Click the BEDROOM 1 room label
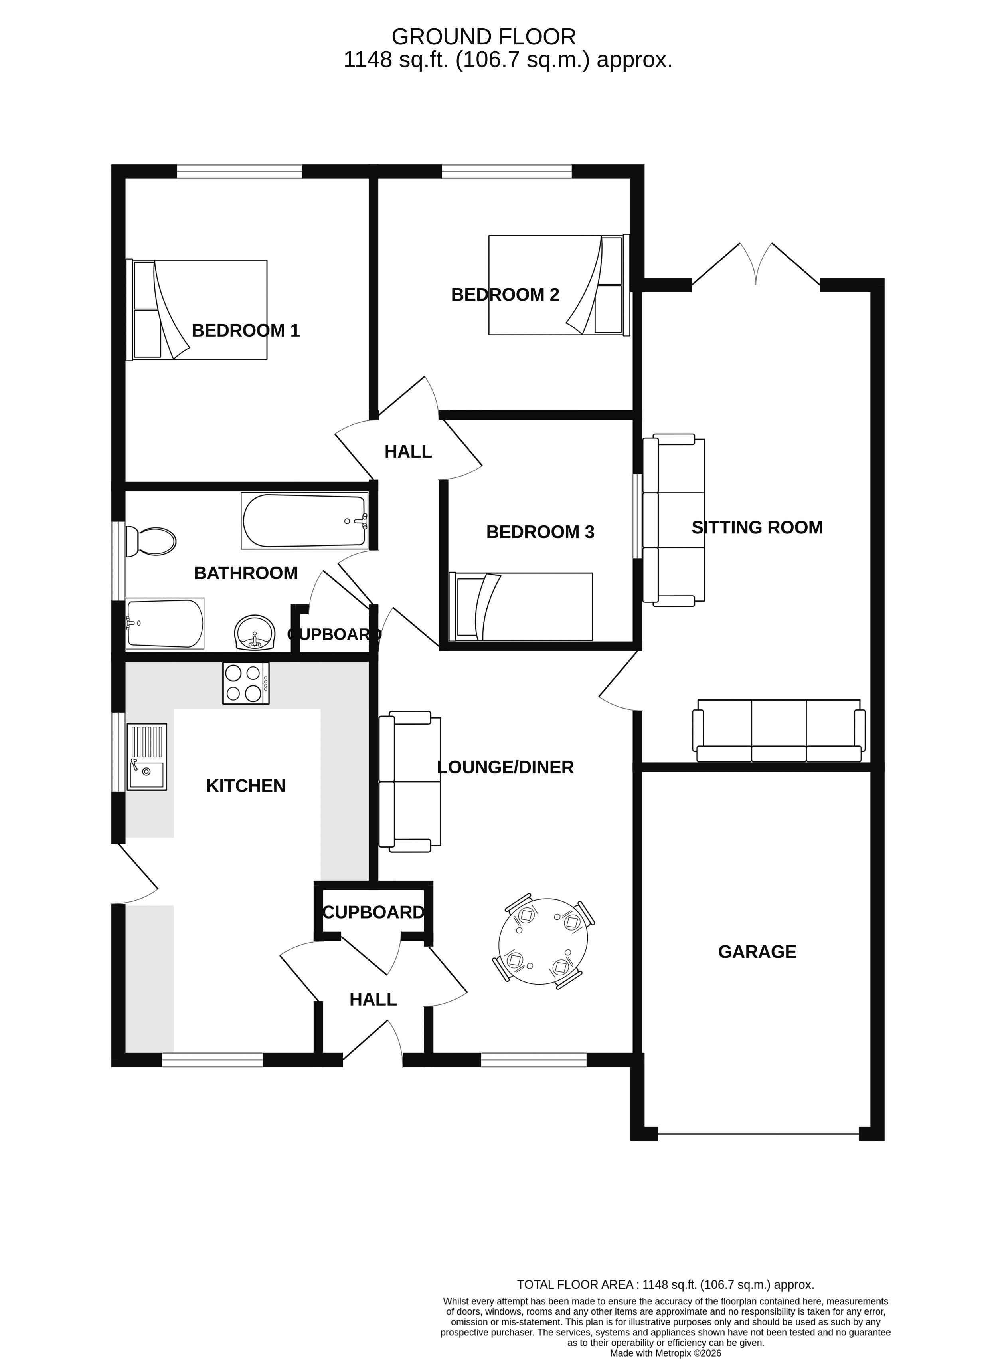[x=245, y=331]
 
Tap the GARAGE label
[x=757, y=952]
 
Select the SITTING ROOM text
[x=757, y=528]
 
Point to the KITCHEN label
[x=246, y=786]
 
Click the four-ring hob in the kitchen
[x=246, y=683]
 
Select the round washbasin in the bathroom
[x=255, y=633]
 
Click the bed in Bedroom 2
[x=559, y=285]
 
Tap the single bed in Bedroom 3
[x=521, y=606]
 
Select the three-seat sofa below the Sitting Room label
[x=779, y=731]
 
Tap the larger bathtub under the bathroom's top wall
[x=304, y=521]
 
